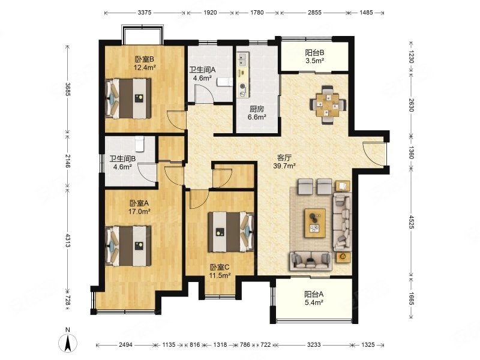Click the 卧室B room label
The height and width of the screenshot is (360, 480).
[x=145, y=59]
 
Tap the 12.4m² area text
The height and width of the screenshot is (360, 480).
[x=145, y=67]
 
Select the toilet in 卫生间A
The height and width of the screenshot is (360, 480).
[x=224, y=82]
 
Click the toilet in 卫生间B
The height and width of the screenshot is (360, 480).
[x=139, y=143]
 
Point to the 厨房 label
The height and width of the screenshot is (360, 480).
[x=257, y=109]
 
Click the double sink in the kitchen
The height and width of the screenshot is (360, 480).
[x=244, y=60]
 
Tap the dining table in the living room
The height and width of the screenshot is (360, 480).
[x=328, y=105]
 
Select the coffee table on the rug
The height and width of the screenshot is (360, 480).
[x=315, y=223]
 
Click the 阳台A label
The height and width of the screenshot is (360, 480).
[x=314, y=295]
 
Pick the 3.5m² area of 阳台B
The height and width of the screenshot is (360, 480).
[x=314, y=61]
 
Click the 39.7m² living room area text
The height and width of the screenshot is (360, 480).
[x=284, y=166]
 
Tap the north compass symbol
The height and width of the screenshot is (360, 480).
[x=68, y=341]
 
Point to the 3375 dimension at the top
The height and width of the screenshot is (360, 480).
[x=145, y=13]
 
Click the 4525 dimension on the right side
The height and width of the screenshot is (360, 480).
[x=411, y=222]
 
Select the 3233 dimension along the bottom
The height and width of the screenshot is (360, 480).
[x=314, y=344]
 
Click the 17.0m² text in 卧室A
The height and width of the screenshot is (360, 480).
[x=139, y=211]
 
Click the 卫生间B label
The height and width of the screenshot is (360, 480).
[x=122, y=159]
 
